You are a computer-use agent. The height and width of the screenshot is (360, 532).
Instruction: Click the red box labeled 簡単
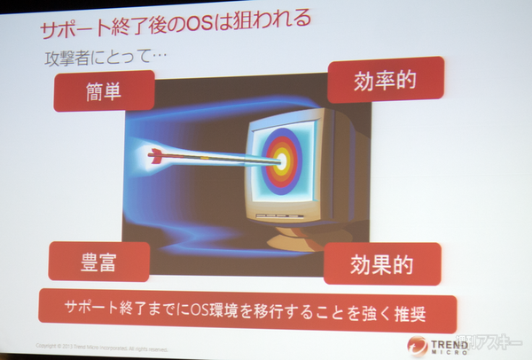tap(104, 90)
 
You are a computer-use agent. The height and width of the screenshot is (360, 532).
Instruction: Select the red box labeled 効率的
tap(385, 82)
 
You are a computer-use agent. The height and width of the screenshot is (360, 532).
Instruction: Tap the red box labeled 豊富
tap(98, 262)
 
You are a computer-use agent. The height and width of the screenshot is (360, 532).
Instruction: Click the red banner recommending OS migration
tap(247, 309)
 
